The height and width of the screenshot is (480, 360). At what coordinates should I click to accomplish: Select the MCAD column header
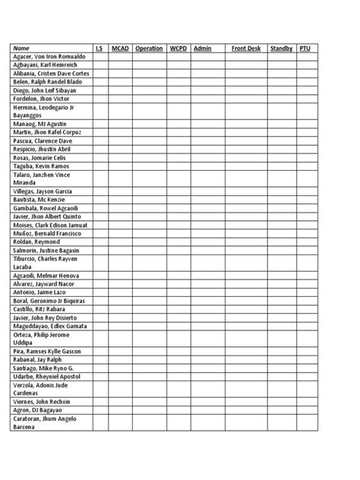(x=120, y=48)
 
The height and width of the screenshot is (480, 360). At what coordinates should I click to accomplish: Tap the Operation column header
(x=149, y=48)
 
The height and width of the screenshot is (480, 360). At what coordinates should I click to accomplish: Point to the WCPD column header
(x=178, y=48)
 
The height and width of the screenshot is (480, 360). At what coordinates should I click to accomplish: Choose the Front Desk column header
(x=245, y=48)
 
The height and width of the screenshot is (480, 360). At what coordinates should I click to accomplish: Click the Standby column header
(x=281, y=48)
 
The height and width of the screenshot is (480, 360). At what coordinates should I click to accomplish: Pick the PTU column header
(x=305, y=48)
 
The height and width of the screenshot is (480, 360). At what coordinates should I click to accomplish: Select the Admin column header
(x=203, y=48)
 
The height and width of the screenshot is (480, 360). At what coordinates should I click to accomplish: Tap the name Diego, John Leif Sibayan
(x=46, y=90)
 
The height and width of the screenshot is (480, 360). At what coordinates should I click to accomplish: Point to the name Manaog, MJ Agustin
(x=39, y=124)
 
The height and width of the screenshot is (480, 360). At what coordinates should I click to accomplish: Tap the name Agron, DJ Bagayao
(x=38, y=409)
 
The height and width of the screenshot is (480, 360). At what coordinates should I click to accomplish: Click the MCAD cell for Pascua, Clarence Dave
(x=120, y=141)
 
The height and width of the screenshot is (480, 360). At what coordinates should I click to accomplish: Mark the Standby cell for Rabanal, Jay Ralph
(x=281, y=358)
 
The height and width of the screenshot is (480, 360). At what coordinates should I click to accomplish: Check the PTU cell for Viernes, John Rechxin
(x=307, y=401)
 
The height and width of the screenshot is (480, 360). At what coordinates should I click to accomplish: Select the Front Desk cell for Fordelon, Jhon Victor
(x=245, y=99)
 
